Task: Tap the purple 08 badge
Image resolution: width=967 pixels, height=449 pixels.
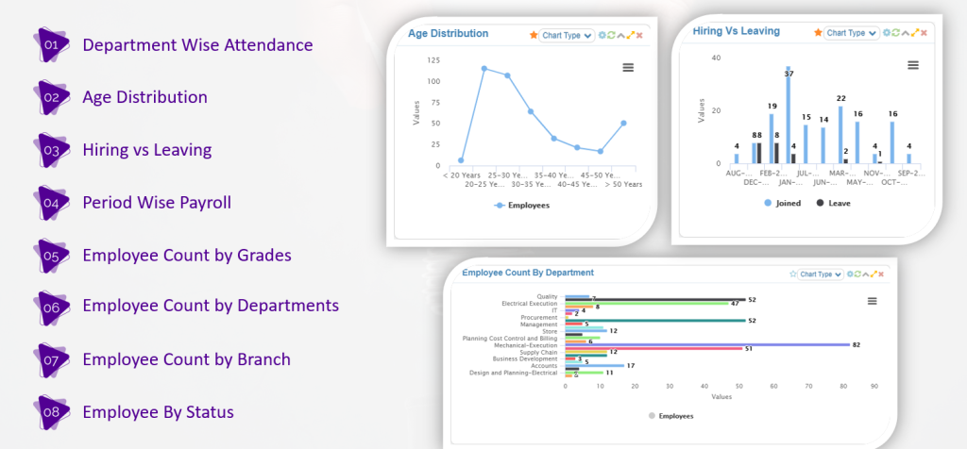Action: click(x=53, y=412)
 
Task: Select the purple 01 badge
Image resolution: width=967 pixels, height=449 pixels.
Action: click(x=53, y=44)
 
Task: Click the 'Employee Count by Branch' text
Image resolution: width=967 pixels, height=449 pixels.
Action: click(x=186, y=359)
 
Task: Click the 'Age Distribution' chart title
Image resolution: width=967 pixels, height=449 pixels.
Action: click(x=448, y=34)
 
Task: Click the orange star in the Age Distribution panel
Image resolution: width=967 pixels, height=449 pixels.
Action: click(x=533, y=35)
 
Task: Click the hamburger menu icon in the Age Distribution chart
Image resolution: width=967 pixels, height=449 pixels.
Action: click(x=628, y=67)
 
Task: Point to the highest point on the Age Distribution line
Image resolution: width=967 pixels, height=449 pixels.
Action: click(x=483, y=68)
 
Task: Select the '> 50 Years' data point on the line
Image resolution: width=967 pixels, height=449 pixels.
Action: click(x=623, y=123)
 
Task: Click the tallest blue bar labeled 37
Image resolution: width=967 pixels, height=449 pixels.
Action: click(x=788, y=118)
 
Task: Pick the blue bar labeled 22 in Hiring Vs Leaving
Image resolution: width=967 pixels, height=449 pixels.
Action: click(x=840, y=134)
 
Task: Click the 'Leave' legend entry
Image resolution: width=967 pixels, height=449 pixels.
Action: click(x=833, y=203)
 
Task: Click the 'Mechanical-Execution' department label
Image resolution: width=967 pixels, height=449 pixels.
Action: click(x=525, y=344)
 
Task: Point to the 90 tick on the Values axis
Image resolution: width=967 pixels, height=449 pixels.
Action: click(x=874, y=385)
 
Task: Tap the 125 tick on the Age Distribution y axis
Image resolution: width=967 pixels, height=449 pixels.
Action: click(x=433, y=59)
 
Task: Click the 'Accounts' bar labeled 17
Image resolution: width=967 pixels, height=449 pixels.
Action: click(x=594, y=365)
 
